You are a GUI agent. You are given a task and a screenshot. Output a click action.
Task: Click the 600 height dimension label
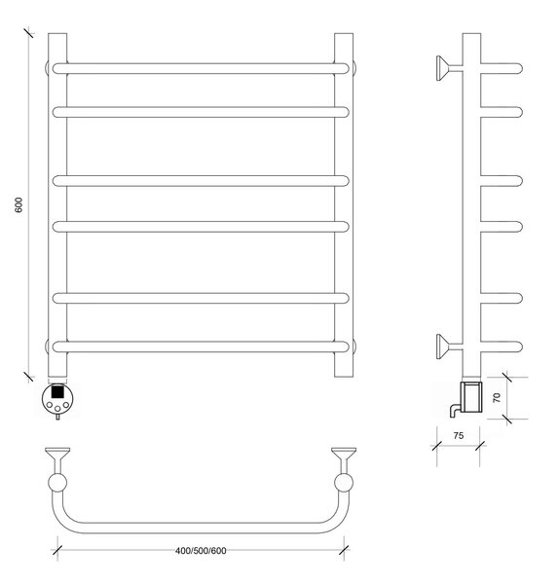[19, 204]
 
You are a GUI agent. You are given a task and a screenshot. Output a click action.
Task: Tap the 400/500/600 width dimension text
[201, 551]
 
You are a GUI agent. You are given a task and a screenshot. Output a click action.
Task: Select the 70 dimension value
[497, 398]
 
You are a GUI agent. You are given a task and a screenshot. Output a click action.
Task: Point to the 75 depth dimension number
[459, 435]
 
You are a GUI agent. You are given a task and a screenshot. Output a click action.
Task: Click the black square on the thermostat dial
[57, 391]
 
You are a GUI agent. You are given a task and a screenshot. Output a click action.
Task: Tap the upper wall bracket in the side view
[449, 68]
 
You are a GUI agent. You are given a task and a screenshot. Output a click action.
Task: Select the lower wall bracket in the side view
[449, 347]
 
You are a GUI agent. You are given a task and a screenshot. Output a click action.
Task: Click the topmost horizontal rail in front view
[201, 68]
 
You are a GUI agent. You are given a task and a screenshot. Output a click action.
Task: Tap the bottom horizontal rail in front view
[201, 347]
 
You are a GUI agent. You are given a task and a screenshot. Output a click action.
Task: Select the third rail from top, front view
[201, 181]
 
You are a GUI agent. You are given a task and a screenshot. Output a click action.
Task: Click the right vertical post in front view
[344, 204]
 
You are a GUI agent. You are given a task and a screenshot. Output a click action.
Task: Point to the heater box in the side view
[471, 397]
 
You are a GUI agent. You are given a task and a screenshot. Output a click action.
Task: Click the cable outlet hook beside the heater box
[456, 411]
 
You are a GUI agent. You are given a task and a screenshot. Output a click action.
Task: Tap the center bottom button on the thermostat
[57, 409]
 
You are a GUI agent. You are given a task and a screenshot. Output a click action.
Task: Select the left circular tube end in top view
[57, 483]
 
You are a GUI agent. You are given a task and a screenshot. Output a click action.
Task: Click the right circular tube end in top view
[344, 483]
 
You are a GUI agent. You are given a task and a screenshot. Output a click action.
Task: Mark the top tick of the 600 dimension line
[28, 33]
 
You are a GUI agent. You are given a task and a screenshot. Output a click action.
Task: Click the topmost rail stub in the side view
[501, 68]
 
